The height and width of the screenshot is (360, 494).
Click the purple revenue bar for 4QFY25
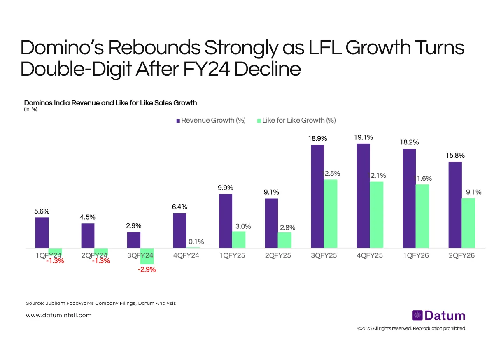tap(363, 196)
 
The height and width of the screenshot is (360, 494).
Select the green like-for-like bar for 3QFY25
tap(330, 214)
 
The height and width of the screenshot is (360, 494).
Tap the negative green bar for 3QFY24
tap(147, 256)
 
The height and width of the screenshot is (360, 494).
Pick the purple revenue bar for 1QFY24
tap(42, 232)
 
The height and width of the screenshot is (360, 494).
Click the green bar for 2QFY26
tap(468, 223)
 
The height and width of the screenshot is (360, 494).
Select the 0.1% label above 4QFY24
tap(193, 242)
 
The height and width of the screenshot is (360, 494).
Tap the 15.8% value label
tap(455, 156)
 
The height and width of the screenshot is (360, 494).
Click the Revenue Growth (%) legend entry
tap(211, 120)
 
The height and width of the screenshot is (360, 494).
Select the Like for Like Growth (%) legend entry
tap(296, 120)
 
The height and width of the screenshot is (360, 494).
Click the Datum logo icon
tap(417, 316)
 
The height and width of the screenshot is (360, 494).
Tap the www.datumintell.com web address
tap(58, 315)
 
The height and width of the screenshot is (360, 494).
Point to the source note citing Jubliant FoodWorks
tap(101, 303)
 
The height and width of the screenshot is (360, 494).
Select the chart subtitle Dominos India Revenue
tap(110, 102)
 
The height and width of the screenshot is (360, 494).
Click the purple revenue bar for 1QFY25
tap(226, 221)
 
